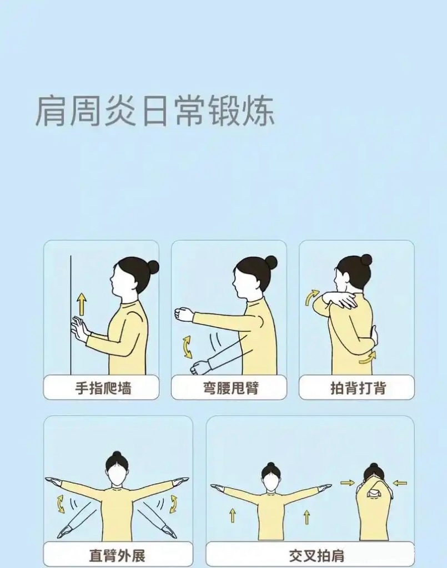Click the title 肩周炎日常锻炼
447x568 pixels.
coord(155,111)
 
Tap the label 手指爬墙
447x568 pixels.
coord(103,388)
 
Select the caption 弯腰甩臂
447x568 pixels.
coord(229,388)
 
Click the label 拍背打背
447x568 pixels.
coord(357,388)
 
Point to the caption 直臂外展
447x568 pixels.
coord(117,555)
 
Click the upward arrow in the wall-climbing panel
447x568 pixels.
coord(82,305)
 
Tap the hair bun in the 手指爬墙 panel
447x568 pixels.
coord(153,267)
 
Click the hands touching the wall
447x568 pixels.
coord(79,328)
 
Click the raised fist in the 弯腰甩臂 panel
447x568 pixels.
coord(183,315)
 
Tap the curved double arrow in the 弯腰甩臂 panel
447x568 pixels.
coord(187,346)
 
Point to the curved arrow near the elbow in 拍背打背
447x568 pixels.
coord(312,297)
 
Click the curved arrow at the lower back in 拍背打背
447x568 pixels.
coord(367,358)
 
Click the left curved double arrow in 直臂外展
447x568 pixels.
coord(61,504)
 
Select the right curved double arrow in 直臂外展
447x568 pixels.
coord(174,504)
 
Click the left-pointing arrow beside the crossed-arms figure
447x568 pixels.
coord(399,483)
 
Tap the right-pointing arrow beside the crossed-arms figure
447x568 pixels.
coord(348,483)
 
